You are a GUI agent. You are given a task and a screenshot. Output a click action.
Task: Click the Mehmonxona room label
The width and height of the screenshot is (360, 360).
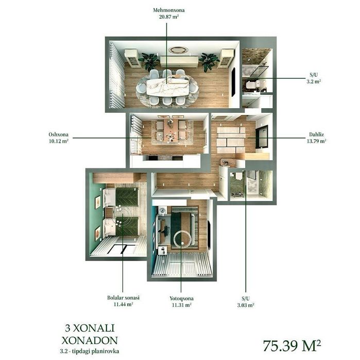[x=169, y=10]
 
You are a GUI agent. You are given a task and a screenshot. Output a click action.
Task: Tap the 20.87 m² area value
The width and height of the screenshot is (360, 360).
[x=169, y=17]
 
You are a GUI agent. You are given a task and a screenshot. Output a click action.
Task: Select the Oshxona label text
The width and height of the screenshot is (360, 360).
[x=58, y=134]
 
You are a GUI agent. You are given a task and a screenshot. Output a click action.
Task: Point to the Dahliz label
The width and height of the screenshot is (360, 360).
[x=316, y=134]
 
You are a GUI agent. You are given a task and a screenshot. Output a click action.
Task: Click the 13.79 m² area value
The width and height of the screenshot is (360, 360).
[x=316, y=141]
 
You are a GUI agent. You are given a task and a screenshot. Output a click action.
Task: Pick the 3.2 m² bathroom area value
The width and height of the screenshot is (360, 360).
[x=314, y=81]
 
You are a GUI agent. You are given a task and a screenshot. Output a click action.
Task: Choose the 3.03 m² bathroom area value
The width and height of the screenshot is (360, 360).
[x=246, y=305]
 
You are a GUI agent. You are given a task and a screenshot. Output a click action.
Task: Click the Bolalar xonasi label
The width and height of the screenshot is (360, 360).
[x=123, y=298]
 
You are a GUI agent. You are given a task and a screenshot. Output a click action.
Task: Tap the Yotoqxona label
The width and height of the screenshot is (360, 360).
[x=181, y=299]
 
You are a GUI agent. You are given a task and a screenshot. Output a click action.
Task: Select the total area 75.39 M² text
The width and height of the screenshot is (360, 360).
[x=292, y=346]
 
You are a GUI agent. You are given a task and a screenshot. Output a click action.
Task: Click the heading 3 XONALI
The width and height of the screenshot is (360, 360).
[x=90, y=328]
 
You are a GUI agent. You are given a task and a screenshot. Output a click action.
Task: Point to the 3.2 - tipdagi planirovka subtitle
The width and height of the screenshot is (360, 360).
[x=90, y=351]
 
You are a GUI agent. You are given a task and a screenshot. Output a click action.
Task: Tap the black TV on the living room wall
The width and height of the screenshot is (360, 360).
[x=233, y=82]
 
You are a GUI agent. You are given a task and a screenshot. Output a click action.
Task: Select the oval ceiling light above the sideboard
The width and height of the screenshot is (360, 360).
[x=178, y=50]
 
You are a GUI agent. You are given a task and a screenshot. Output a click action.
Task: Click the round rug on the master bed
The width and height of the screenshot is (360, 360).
[x=182, y=239]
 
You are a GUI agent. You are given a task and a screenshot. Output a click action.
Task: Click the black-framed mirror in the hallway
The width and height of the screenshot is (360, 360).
[x=262, y=136]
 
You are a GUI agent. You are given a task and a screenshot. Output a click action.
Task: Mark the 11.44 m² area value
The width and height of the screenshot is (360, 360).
[x=123, y=304]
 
